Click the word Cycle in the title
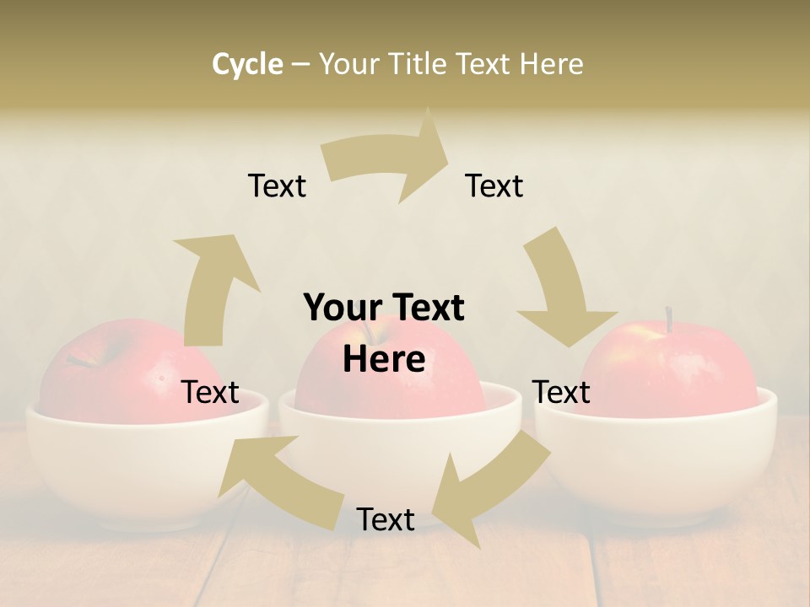247,64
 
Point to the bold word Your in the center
335,308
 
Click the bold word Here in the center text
384,360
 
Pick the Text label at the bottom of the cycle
386,519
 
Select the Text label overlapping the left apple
211,392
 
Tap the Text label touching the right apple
562,392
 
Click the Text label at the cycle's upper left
277,185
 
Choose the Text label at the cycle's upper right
494,185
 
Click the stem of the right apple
669,320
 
